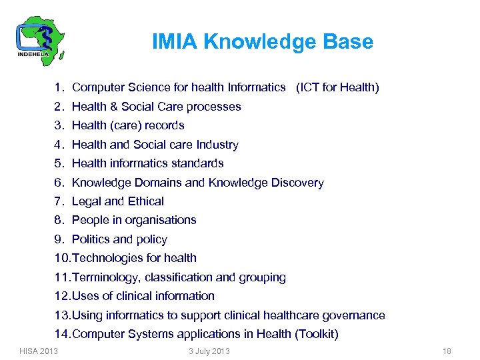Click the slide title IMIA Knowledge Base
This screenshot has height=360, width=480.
pyautogui.click(x=263, y=42)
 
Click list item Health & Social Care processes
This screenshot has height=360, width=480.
pyautogui.click(x=156, y=107)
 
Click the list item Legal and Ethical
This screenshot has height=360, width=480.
pyautogui.click(x=117, y=201)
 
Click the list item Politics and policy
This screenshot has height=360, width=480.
pyautogui.click(x=119, y=239)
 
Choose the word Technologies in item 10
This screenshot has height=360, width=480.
pyautogui.click(x=103, y=258)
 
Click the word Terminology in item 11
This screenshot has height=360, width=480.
pyautogui.click(x=105, y=277)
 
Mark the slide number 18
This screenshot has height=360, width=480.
pyautogui.click(x=447, y=351)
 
